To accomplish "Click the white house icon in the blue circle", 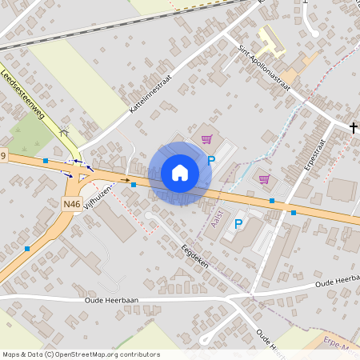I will [x=180, y=173].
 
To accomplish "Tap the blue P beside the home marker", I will [x=211, y=161].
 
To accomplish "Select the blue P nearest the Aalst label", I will [x=238, y=224].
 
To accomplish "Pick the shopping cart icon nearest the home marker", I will [x=207, y=139].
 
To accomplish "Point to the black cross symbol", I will [x=354, y=126].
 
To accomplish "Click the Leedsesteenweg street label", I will [x=24, y=94].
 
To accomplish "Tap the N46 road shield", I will [x=72, y=204].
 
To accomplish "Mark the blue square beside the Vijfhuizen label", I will [x=134, y=185].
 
